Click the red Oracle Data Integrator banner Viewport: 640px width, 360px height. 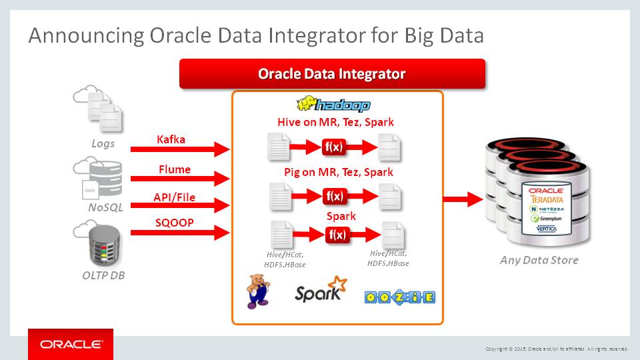(332, 74)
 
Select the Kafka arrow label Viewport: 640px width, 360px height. (171, 139)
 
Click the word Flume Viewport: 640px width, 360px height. (175, 169)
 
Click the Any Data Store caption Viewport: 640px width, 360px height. (539, 260)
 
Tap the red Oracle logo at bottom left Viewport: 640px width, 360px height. (71, 344)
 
